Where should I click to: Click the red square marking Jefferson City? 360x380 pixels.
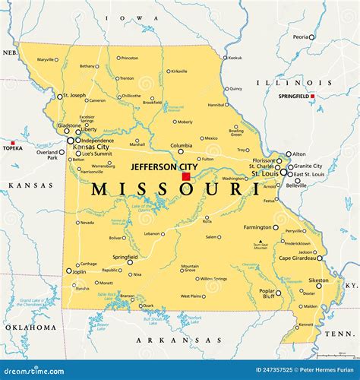point(186,176)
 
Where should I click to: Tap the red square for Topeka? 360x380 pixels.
point(13,142)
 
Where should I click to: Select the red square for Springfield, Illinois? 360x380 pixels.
point(311,96)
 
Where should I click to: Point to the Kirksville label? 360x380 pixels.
point(179,71)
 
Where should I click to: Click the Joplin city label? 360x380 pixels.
point(77,271)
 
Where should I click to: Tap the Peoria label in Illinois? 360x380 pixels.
point(302,36)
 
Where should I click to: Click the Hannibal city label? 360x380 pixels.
point(216,105)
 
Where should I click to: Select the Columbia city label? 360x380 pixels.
point(181,145)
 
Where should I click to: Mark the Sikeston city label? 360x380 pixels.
point(319,280)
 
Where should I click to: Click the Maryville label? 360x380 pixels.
point(46,59)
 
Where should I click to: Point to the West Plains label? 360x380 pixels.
point(191,296)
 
